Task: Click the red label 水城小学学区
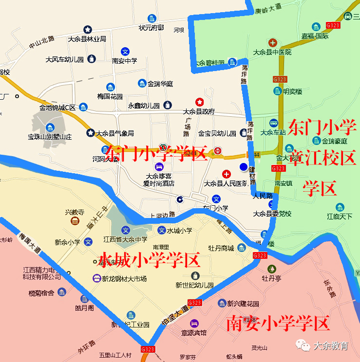(x=149, y=261)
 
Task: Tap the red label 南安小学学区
(x=278, y=324)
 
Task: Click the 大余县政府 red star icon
(x=200, y=102)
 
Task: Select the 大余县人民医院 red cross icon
(x=226, y=174)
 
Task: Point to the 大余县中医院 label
(x=272, y=52)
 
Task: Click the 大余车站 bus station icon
(x=274, y=123)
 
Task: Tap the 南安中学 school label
(x=125, y=61)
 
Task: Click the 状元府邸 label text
(x=152, y=28)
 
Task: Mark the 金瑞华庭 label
(x=160, y=84)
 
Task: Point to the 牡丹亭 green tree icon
(x=272, y=269)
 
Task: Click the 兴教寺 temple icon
(x=75, y=221)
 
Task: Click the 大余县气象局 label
(x=114, y=133)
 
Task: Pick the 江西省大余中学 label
(x=125, y=239)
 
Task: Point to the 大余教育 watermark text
(x=331, y=346)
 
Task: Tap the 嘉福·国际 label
(x=314, y=36)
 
